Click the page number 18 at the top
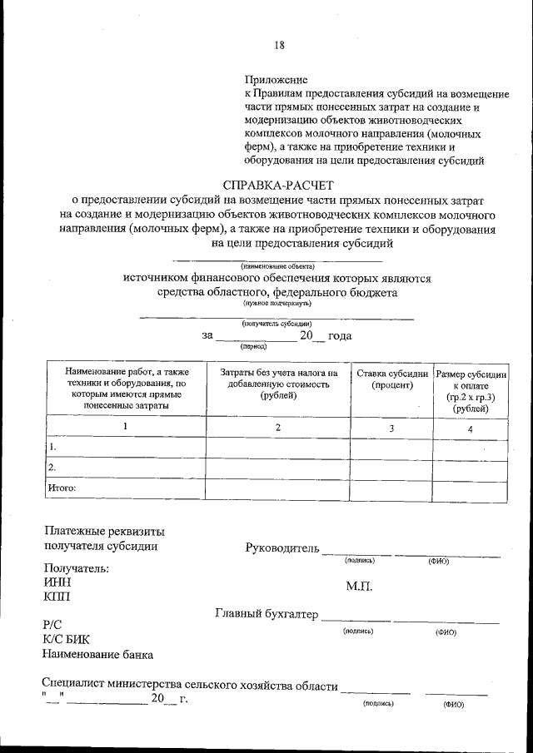[x=278, y=45]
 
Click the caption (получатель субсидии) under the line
[x=277, y=323]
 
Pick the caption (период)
[x=253, y=345]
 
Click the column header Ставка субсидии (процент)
[x=392, y=379]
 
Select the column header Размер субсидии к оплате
[x=471, y=374]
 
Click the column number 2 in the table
[x=277, y=427]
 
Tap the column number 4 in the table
[x=471, y=429]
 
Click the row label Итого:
[x=62, y=488]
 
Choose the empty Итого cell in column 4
[x=471, y=489]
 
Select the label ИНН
[x=56, y=582]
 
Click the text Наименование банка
[x=97, y=654]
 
